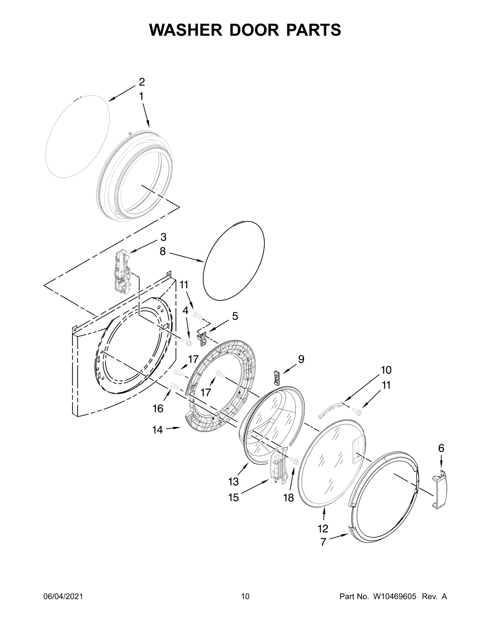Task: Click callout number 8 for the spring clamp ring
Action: (162, 252)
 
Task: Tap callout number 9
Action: (301, 359)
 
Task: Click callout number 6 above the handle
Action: (441, 448)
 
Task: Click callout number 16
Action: (158, 408)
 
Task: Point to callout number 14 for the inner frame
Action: (157, 430)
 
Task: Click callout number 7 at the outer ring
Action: (323, 542)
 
